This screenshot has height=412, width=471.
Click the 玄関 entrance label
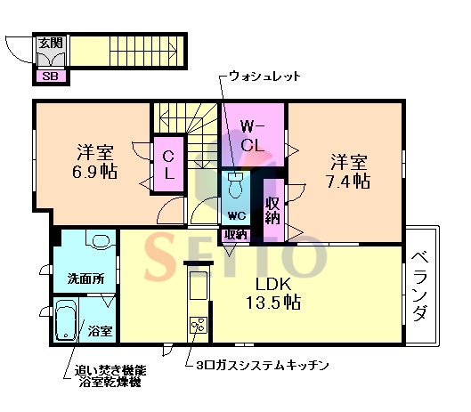point(49,41)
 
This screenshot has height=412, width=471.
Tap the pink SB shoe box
point(50,75)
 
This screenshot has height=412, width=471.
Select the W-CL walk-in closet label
point(253,133)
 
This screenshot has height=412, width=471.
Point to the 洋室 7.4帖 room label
point(349,171)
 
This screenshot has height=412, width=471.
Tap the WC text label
point(236,216)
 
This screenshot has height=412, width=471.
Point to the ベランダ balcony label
point(421,287)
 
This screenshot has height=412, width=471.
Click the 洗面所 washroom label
point(85,278)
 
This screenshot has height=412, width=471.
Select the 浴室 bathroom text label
point(100,331)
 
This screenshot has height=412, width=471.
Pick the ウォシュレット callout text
point(265,77)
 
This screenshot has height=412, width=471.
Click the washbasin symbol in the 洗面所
point(100,241)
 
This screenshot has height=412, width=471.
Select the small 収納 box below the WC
point(236,234)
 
